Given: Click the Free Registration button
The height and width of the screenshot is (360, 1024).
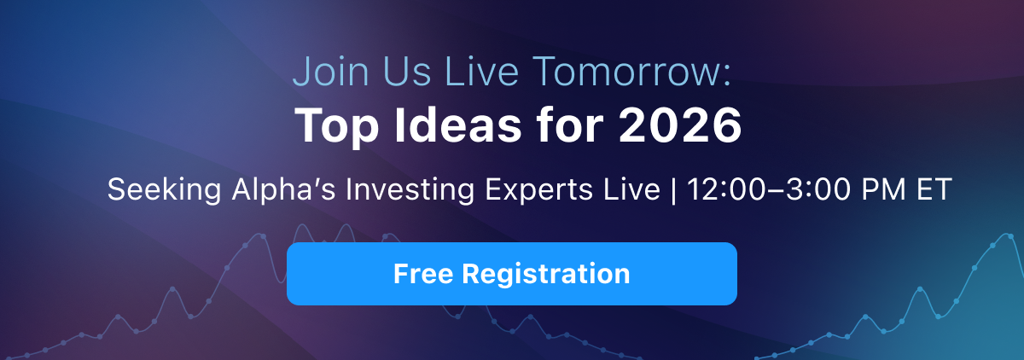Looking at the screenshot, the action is pos(511,274).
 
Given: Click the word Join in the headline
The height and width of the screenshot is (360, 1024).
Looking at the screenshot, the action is pos(331,72).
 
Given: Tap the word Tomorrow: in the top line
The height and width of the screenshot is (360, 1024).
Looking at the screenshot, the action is pos(631,72).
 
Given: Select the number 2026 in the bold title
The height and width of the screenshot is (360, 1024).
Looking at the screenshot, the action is pos(679,125).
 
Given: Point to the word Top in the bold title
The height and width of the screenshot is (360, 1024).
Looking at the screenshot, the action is pos(337,127).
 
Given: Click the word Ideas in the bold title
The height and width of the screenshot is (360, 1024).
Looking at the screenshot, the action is pos(457,125).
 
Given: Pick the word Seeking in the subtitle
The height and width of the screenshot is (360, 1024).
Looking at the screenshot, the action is pos(165,189).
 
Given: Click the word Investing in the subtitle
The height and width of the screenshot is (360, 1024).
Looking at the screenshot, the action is pos(410,189).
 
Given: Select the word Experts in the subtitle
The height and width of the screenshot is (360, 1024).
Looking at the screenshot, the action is pos(538,189).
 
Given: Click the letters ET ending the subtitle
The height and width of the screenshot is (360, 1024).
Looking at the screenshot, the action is pos(934,189).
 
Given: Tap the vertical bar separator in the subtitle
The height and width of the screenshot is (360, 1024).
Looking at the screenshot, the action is pos(673,190).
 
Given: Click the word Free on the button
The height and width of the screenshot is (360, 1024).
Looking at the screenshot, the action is pos(423,274).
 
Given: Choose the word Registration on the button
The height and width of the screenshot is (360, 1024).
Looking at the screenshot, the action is pos(546,275).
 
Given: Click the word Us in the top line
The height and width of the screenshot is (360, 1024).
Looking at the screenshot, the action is pos(407,72).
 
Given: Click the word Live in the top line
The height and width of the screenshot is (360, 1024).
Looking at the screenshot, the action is pos(481,72).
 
